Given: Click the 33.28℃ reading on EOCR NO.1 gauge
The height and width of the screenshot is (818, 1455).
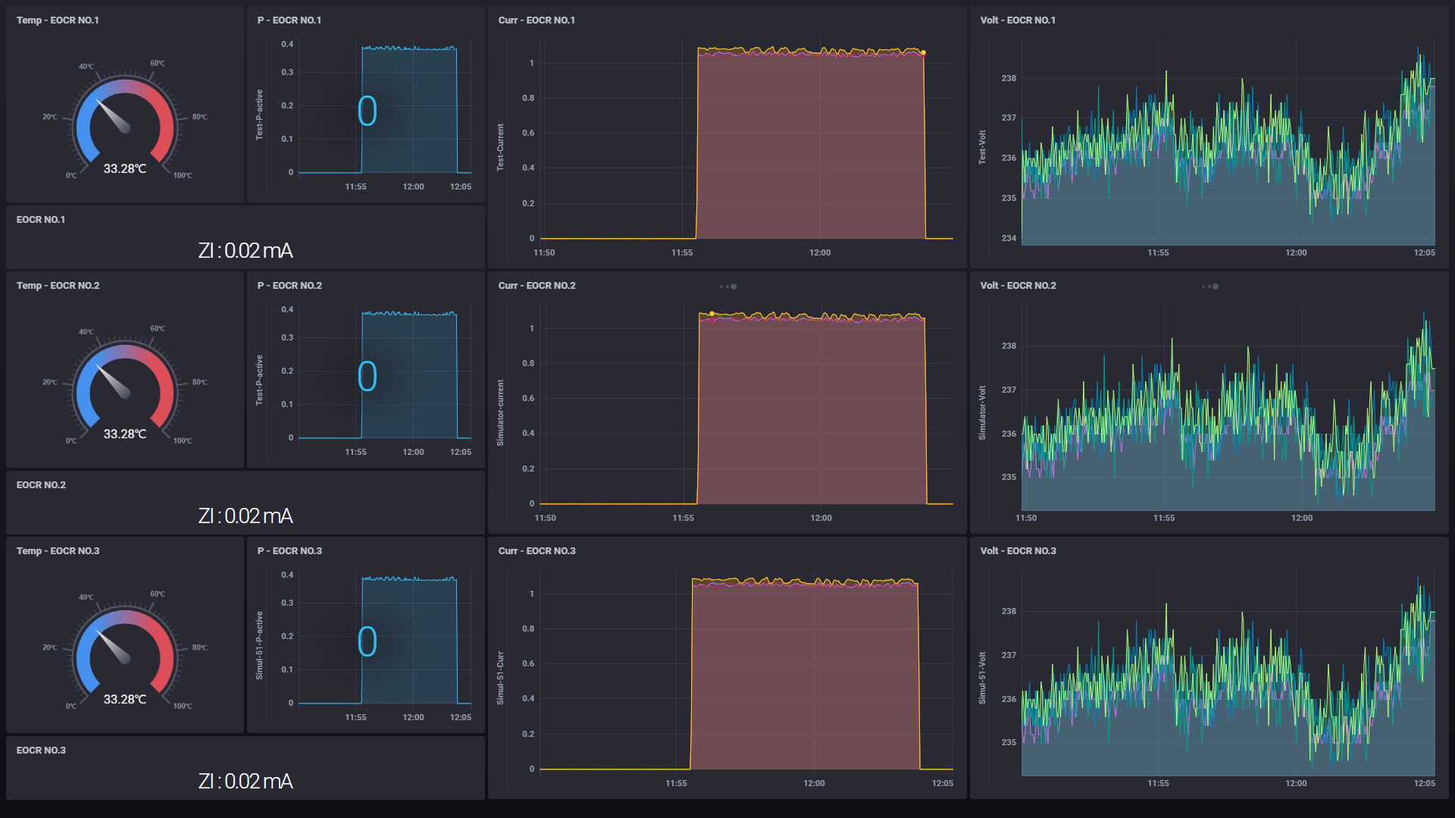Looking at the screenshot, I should tap(125, 168).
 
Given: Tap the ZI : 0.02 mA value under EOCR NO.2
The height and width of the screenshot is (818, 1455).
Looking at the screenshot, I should tap(245, 516).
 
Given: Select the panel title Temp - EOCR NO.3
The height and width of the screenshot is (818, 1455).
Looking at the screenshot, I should tap(58, 550).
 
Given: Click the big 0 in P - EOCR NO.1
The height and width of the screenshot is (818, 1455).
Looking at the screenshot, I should tap(368, 111).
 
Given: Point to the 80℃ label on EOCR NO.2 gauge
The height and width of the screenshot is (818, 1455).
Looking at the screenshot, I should tap(199, 382).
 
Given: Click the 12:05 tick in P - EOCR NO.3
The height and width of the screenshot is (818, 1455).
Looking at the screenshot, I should tap(460, 717).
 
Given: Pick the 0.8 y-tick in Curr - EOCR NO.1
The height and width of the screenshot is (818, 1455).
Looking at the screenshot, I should tap(528, 98).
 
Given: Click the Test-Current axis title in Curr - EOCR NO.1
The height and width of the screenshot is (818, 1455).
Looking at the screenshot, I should tap(500, 147).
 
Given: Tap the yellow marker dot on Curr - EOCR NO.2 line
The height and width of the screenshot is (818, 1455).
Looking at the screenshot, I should tap(712, 313).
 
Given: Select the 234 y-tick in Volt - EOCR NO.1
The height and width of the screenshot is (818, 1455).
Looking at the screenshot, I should tap(1009, 238).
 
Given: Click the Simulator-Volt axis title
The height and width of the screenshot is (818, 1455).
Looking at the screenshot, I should tap(982, 413).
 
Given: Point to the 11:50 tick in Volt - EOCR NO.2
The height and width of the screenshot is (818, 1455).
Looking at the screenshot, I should tap(1025, 518).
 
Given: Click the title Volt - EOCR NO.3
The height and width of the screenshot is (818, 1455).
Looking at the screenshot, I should tap(1018, 550).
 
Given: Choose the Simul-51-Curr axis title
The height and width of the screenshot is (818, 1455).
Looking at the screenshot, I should tap(500, 678).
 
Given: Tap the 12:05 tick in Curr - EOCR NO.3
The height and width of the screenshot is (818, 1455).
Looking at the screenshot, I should tap(942, 783).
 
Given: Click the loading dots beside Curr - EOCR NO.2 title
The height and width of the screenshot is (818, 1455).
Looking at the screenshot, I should tap(728, 287).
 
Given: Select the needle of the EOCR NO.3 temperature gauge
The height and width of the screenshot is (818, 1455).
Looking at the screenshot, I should tap(114, 647).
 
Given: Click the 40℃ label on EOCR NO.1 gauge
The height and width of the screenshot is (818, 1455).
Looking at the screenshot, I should tap(86, 67).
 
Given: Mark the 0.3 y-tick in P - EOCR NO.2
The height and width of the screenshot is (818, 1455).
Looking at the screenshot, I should tap(287, 337).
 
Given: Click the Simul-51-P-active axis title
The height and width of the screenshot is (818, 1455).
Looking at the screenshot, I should tap(259, 645).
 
